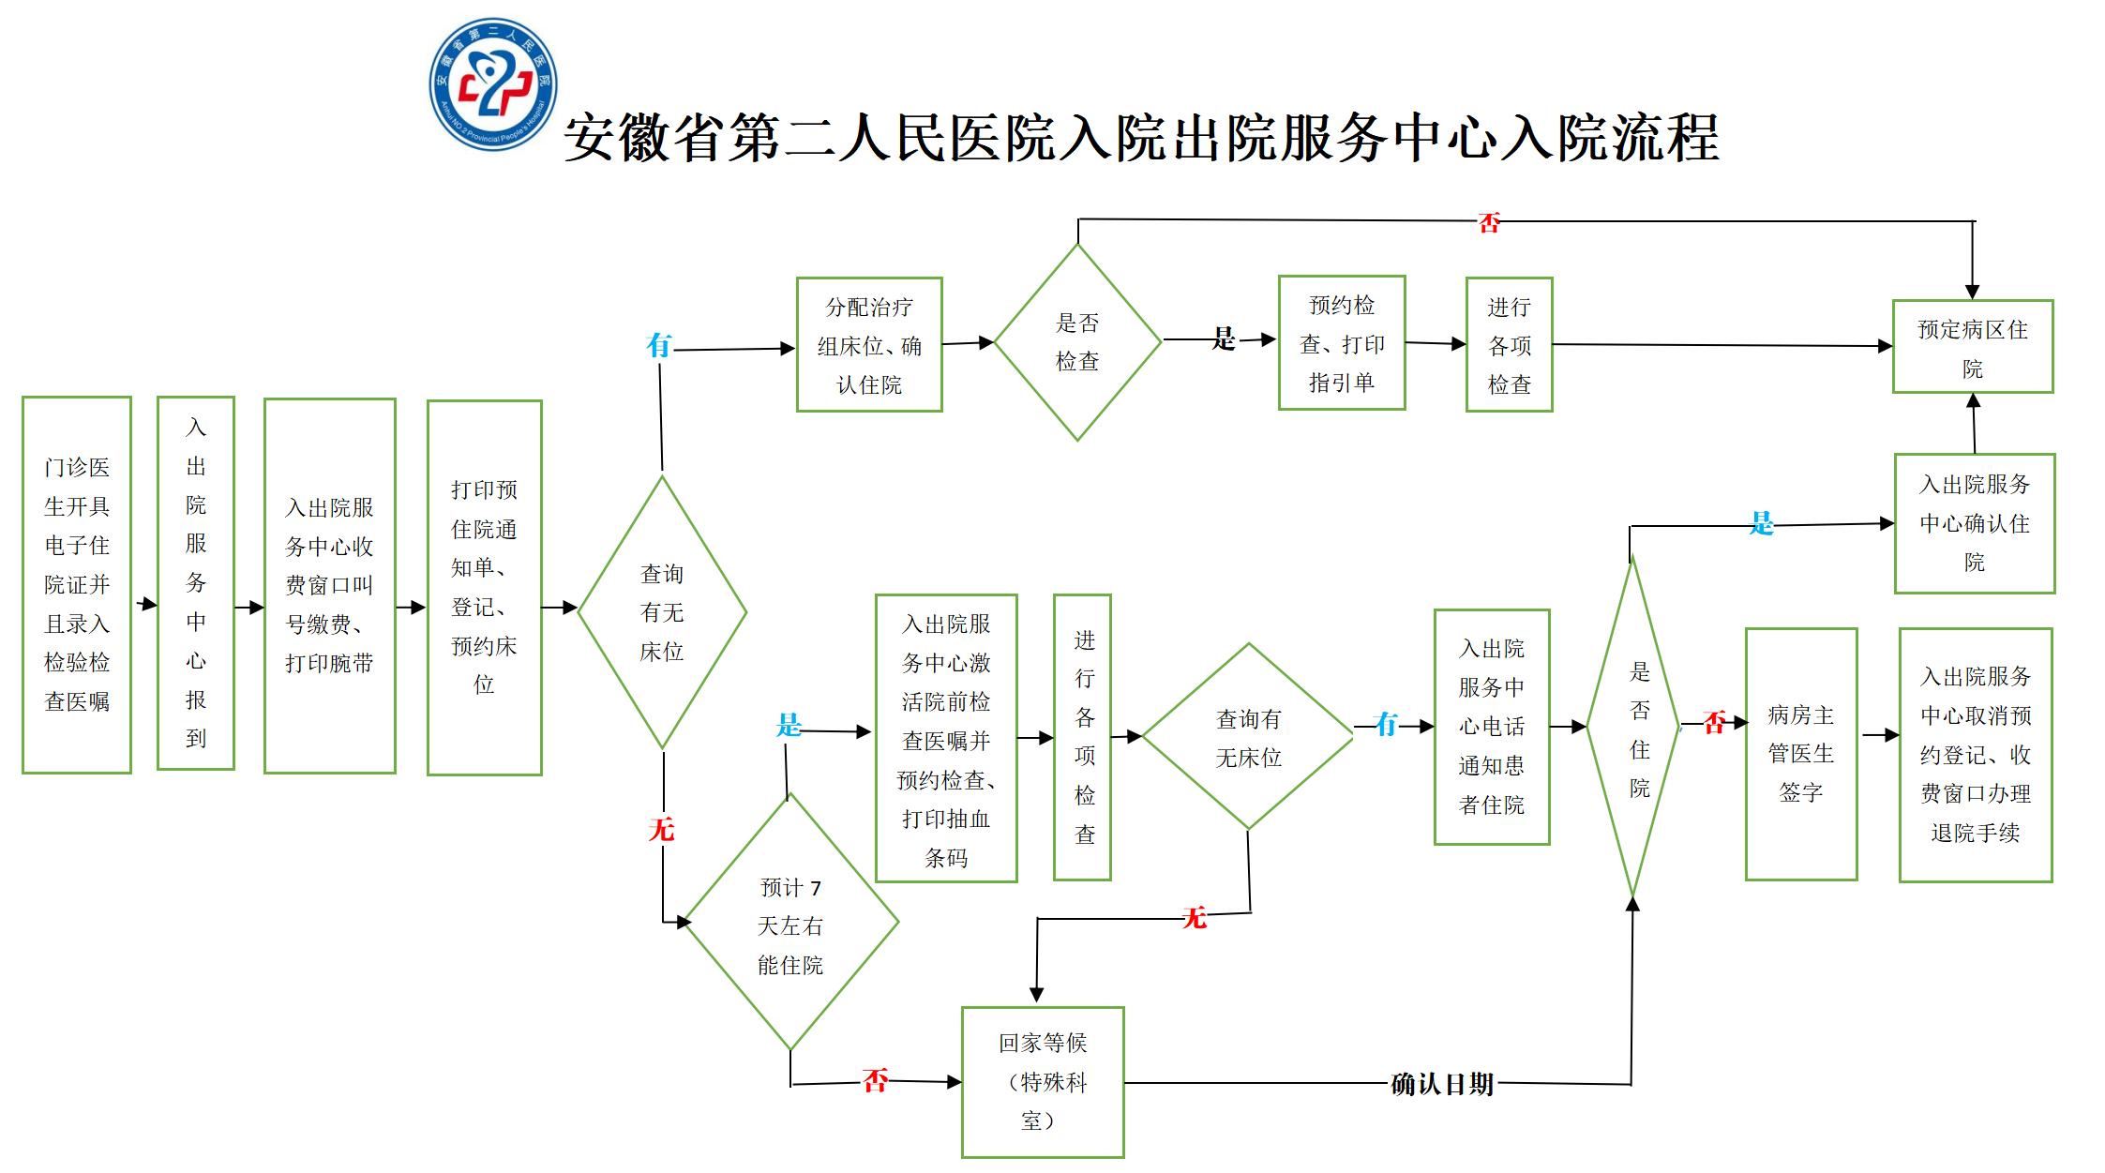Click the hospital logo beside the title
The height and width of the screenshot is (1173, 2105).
coord(492,83)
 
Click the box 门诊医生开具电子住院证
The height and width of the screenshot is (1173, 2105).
coord(77,584)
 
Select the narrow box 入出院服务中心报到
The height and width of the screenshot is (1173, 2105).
coord(195,582)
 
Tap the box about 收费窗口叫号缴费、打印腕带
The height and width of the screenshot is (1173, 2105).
coord(329,585)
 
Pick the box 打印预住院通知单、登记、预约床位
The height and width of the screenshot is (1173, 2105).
coord(484,587)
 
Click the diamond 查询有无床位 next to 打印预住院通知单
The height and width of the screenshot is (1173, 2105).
coord(662,612)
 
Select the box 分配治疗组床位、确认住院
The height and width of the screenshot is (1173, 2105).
coord(868,344)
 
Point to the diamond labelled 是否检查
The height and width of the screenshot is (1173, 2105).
coord(1077,342)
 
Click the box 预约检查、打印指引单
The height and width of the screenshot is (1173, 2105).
coord(1341,343)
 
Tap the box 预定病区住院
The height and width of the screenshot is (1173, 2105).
coord(1972,346)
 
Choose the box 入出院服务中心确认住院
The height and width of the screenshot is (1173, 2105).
coord(1974,523)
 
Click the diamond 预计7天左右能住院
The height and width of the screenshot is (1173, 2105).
coord(790,924)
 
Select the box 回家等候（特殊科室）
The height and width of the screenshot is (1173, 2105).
coord(1042,1082)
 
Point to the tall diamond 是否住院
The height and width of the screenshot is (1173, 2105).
coord(1633,728)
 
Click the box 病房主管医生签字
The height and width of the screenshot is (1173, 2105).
coord(1800,754)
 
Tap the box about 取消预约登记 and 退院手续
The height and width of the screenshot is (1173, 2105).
coord(1975,755)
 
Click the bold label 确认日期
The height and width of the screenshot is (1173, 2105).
coord(1441,1085)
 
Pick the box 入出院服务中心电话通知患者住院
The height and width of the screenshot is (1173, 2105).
coord(1491,727)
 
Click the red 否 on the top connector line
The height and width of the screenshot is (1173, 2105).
coord(1489,222)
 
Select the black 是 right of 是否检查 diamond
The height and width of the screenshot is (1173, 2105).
coord(1224,338)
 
